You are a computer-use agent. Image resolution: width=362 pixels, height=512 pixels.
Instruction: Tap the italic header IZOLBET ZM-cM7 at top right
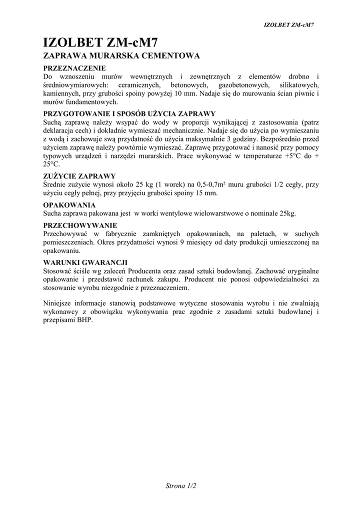click(x=291, y=24)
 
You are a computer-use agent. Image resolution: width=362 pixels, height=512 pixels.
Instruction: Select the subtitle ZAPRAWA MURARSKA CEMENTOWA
click(x=122, y=55)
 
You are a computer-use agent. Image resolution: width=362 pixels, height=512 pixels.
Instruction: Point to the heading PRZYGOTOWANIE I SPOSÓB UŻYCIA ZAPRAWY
click(x=129, y=113)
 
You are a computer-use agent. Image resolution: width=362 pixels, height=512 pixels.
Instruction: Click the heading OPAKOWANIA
click(x=69, y=205)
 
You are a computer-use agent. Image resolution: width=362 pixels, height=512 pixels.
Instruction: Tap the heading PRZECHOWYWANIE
click(x=80, y=225)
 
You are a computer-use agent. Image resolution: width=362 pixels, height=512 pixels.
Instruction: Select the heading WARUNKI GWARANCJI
click(x=85, y=262)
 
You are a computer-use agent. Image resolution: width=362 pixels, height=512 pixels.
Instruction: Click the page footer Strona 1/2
click(x=181, y=485)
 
